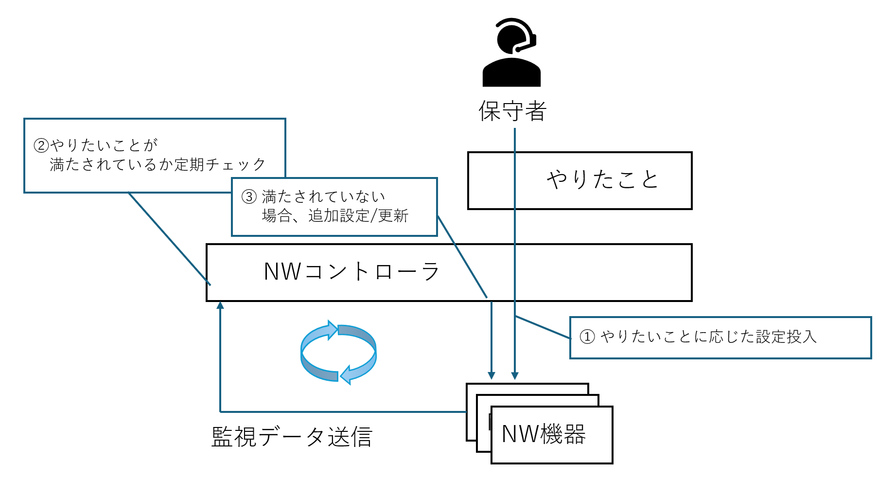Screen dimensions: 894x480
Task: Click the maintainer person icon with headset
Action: (x=511, y=53)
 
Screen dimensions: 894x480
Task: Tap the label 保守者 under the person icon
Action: (x=512, y=111)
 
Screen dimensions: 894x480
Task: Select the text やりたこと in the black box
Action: (x=602, y=179)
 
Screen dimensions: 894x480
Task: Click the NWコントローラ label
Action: (x=351, y=271)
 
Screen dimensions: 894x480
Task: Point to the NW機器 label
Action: (x=543, y=434)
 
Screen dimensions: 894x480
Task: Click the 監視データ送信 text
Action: (x=292, y=437)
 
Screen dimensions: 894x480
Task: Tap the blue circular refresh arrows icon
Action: (x=338, y=352)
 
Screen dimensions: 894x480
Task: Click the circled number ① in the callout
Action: (x=587, y=337)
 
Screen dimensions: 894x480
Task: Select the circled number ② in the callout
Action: (x=41, y=145)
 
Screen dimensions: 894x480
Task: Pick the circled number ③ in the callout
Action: (x=249, y=196)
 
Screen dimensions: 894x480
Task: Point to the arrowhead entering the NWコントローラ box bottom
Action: (x=220, y=305)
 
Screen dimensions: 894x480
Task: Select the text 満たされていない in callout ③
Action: (x=324, y=196)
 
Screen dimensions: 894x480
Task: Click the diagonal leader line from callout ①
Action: (x=543, y=327)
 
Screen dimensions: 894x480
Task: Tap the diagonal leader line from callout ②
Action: (x=169, y=239)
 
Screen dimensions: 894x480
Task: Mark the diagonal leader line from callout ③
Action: (x=462, y=257)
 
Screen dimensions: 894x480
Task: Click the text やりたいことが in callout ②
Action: (x=104, y=145)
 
